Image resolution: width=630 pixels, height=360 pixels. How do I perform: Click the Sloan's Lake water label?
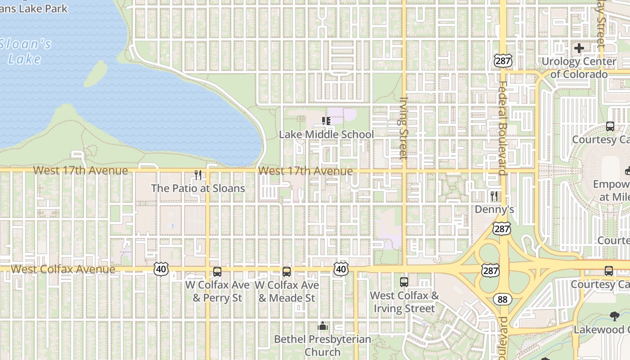(26, 51)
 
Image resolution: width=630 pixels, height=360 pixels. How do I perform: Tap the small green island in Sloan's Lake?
(95, 74)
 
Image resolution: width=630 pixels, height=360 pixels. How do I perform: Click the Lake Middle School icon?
(326, 121)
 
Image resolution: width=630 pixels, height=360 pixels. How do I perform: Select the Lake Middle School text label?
(326, 135)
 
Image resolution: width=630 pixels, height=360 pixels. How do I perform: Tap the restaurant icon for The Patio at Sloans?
(198, 175)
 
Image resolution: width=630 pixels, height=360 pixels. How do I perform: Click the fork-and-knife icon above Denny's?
(494, 196)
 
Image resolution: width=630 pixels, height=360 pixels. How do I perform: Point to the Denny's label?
(494, 209)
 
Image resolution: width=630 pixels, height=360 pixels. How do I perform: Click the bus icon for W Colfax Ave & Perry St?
(217, 272)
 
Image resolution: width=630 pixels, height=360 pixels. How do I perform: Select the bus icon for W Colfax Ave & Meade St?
(287, 272)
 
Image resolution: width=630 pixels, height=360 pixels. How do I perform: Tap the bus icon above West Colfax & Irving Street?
(404, 282)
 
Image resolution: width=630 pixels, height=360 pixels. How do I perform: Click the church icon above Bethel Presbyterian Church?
(322, 326)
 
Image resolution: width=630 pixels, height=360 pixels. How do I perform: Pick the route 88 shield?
(502, 299)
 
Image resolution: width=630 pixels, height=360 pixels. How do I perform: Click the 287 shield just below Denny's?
(501, 229)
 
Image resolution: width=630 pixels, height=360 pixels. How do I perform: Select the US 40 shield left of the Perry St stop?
(161, 269)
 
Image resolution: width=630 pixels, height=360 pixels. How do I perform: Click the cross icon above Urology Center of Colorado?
(579, 48)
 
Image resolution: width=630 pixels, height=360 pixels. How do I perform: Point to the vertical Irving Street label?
(403, 128)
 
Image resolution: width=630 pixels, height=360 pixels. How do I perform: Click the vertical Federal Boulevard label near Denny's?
(502, 128)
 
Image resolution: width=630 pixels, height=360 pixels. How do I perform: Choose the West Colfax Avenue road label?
(63, 269)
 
